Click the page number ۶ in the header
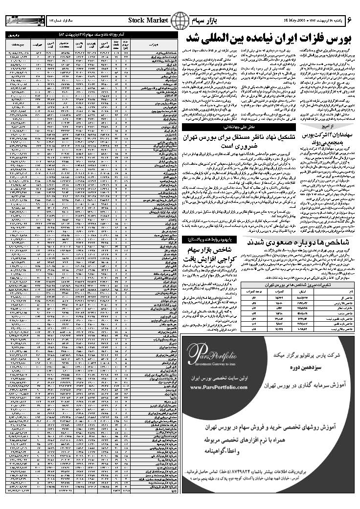click(x=350, y=20)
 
